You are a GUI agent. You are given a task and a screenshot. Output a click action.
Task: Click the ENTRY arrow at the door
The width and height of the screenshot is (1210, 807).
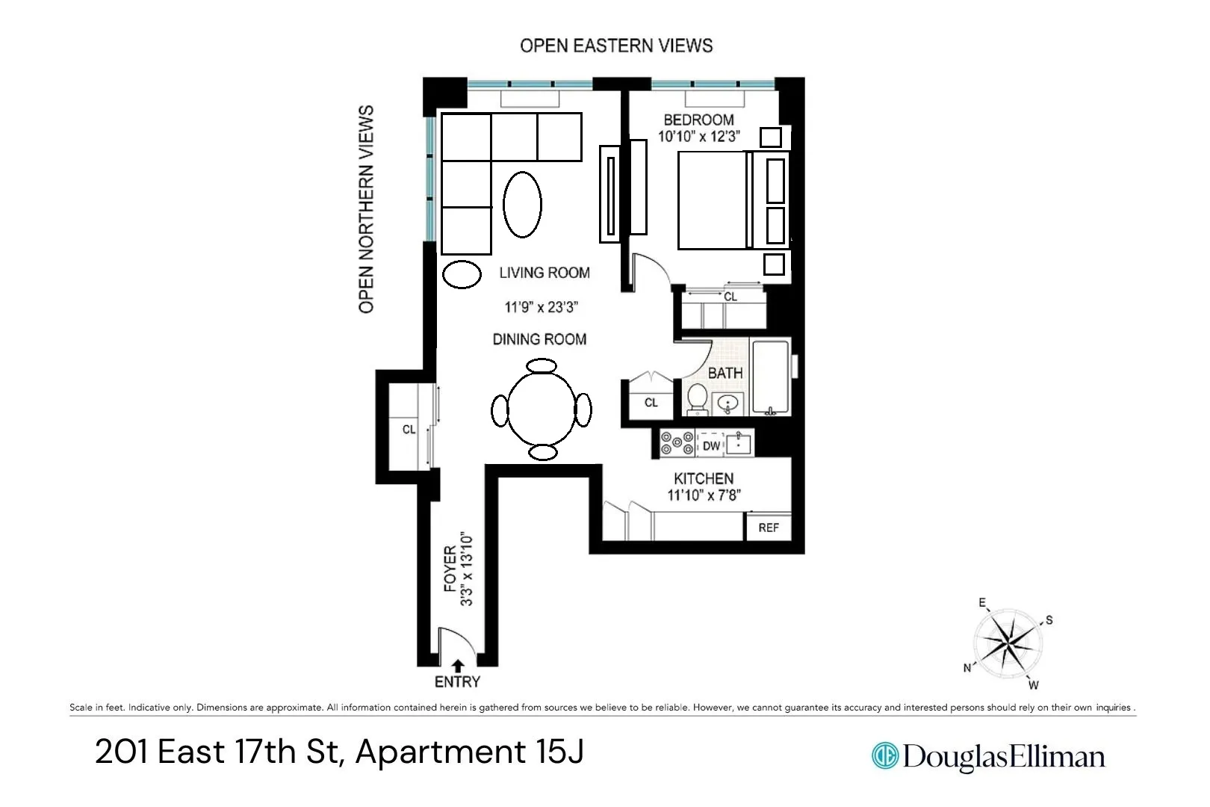point(458,665)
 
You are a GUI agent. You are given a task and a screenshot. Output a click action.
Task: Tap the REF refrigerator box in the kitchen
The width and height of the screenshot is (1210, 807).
point(768,528)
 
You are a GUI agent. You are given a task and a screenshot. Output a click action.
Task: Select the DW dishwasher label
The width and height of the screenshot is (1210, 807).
point(711,446)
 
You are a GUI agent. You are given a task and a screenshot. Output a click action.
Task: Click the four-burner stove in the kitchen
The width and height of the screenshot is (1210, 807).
point(677,443)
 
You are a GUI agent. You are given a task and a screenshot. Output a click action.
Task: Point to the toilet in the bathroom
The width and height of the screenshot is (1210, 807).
point(698,399)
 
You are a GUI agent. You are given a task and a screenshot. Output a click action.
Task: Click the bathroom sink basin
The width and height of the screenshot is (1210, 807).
point(728,404)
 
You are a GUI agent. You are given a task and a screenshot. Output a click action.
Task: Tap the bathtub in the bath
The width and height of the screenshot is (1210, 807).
point(770,377)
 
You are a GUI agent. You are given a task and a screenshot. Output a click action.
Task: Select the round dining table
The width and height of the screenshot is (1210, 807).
point(542,409)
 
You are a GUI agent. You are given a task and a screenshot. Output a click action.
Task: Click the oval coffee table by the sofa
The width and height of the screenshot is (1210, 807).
point(522,205)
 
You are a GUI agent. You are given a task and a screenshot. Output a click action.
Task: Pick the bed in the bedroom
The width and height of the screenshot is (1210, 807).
point(713,200)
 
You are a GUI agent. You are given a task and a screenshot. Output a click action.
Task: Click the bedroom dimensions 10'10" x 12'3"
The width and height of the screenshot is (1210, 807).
point(698,136)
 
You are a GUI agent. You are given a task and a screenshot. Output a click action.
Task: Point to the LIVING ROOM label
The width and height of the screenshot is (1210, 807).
point(544,273)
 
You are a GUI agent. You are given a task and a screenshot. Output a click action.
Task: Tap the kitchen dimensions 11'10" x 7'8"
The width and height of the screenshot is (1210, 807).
point(704,495)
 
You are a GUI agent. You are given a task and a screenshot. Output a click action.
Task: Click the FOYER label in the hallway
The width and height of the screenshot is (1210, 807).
point(450,569)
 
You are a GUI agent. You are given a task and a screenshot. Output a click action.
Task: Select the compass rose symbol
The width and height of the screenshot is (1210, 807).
point(1009,643)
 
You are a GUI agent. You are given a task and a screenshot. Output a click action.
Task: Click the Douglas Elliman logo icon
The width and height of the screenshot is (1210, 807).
point(885,755)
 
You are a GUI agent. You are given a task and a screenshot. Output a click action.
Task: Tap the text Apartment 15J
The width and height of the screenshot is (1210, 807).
point(470,752)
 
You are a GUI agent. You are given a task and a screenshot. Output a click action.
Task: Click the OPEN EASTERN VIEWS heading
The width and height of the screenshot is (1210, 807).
point(616,46)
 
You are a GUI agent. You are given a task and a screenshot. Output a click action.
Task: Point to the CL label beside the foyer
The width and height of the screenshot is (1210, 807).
point(409,430)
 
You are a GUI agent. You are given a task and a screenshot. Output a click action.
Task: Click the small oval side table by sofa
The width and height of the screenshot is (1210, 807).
point(462,274)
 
